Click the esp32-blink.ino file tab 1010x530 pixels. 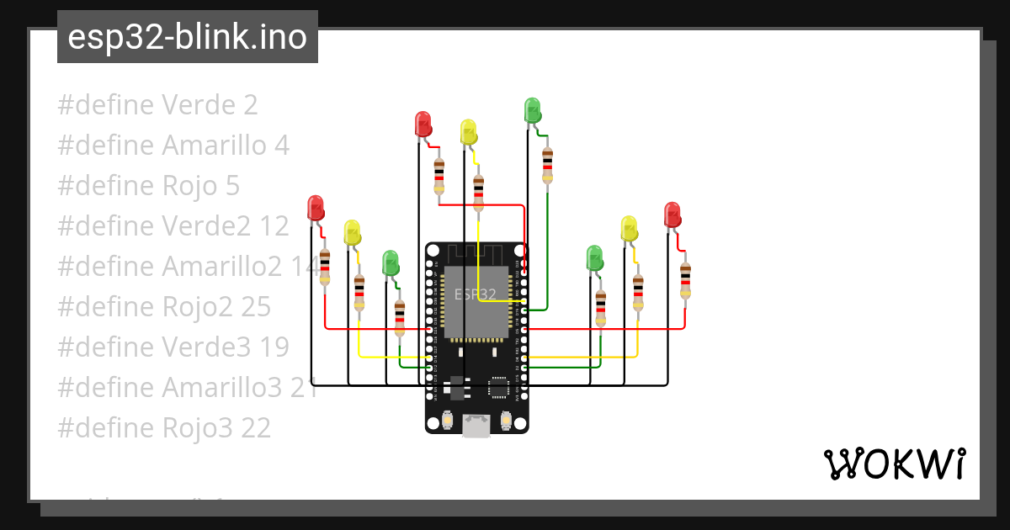coord(187,37)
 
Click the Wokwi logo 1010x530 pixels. coord(893,464)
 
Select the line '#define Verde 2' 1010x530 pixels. coord(157,105)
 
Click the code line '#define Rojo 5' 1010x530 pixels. coord(148,186)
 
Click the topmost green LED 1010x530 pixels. coord(532,110)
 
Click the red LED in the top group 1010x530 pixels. coord(423,124)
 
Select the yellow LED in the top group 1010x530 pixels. coord(469,132)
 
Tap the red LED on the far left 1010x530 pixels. coord(316,208)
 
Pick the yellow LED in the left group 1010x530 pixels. coord(352,232)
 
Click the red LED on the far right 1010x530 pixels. coord(672,214)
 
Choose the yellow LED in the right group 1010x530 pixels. coord(629,228)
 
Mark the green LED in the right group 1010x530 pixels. coord(594,258)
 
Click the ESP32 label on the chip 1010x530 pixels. coord(475,294)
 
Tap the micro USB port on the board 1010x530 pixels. coord(477,427)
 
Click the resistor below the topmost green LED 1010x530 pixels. coord(548,164)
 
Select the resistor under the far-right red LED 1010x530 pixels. coord(685,280)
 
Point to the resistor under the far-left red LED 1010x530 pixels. coord(325,267)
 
